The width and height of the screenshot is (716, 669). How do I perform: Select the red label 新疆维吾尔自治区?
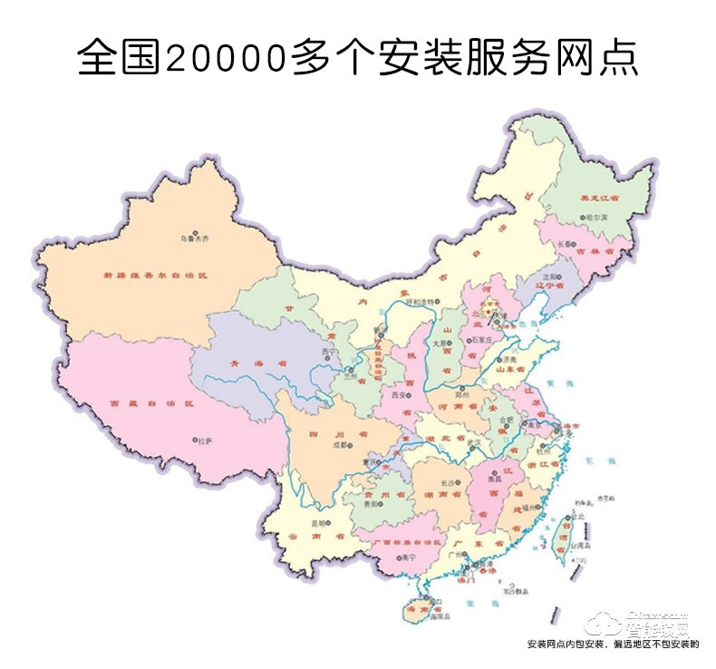[154, 272]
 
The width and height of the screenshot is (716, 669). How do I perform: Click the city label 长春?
[566, 244]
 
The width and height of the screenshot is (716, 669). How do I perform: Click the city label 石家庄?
[478, 338]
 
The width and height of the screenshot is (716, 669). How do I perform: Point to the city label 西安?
[400, 396]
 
